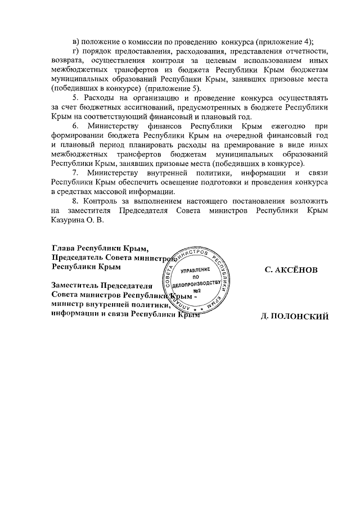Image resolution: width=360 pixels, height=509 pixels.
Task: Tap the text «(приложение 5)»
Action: click(x=176, y=89)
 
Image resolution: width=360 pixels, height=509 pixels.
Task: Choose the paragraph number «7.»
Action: click(x=77, y=174)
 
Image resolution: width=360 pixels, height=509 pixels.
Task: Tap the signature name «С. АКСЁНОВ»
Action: click(x=291, y=271)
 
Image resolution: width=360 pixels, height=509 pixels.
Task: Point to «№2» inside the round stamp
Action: click(x=197, y=291)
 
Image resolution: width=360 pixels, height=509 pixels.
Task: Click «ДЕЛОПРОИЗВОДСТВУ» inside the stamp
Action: click(x=196, y=284)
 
